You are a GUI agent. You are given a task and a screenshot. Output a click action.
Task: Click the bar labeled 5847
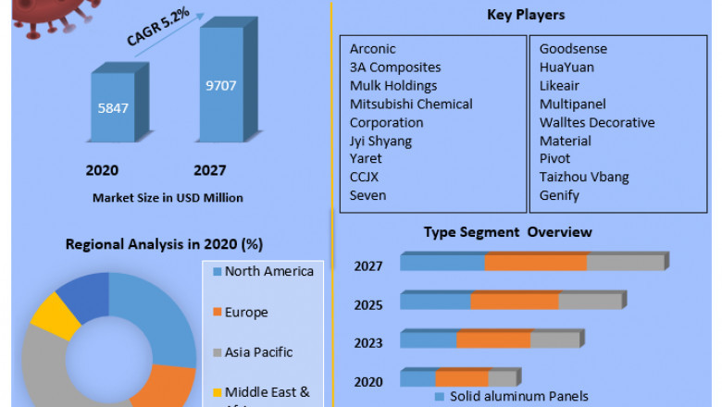tap(114, 107)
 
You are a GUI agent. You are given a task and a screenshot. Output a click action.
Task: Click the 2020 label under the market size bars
tap(102, 170)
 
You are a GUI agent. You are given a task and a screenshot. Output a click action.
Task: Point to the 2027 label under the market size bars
tap(209, 170)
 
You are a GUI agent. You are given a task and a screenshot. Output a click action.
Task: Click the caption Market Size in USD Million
tap(168, 197)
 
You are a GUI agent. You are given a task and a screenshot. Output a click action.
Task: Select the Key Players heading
tap(526, 15)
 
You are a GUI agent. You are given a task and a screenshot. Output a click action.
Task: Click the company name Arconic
tap(372, 49)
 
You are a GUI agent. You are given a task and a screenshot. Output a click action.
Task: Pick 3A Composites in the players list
tap(395, 68)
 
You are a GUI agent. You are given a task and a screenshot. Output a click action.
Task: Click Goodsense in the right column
tap(573, 49)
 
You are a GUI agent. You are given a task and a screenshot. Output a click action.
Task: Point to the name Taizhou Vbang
tap(584, 177)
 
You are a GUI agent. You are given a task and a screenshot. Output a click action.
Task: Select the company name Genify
tap(559, 195)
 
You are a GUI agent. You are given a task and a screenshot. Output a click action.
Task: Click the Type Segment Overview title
tap(507, 231)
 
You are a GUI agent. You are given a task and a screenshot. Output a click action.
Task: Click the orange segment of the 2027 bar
tap(535, 263)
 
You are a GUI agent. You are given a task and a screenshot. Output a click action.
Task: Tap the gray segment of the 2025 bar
tap(590, 301)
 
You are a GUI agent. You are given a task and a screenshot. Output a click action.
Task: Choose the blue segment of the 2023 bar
tap(429, 339)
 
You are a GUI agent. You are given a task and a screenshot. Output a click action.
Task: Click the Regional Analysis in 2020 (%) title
tap(164, 245)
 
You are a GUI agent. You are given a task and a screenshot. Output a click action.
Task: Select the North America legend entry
tap(268, 271)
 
